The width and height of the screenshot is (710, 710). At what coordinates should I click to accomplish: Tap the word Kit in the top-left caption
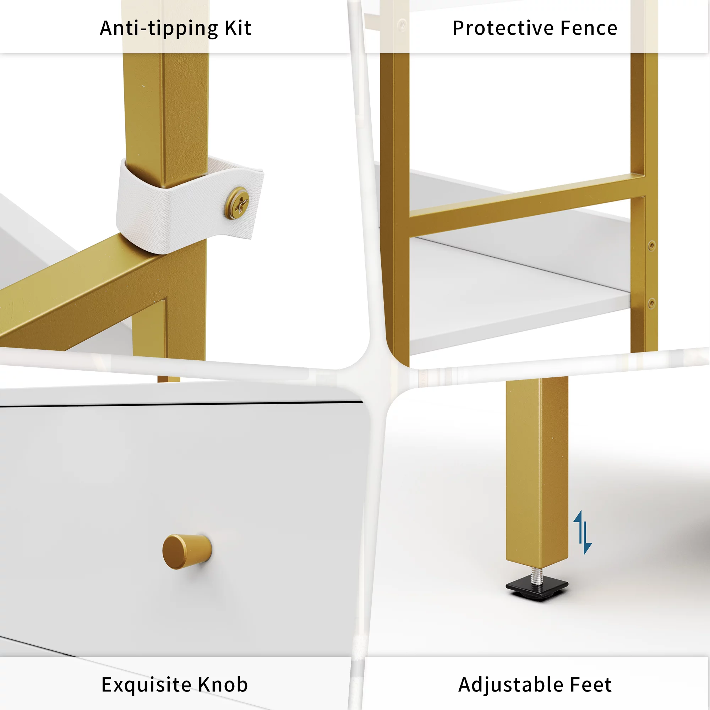[x=238, y=29]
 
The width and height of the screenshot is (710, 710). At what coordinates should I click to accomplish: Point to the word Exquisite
[x=146, y=685]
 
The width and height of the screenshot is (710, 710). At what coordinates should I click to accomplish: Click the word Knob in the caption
[x=223, y=685]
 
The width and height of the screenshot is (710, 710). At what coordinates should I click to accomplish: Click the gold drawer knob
[x=187, y=551]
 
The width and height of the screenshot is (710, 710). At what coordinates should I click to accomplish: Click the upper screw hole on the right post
[x=651, y=246]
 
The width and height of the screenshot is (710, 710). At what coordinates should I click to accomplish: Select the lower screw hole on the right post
[x=651, y=303]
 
